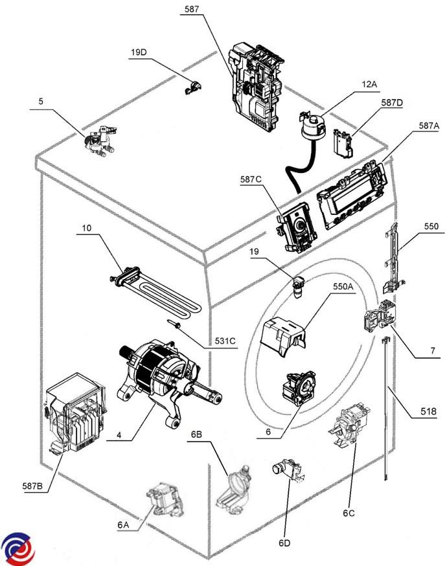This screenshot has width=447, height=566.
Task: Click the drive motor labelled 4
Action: point(162,379)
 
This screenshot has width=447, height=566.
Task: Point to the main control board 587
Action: point(257,84)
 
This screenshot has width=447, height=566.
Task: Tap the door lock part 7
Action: point(377,320)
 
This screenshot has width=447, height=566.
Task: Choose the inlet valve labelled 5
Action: point(98,142)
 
